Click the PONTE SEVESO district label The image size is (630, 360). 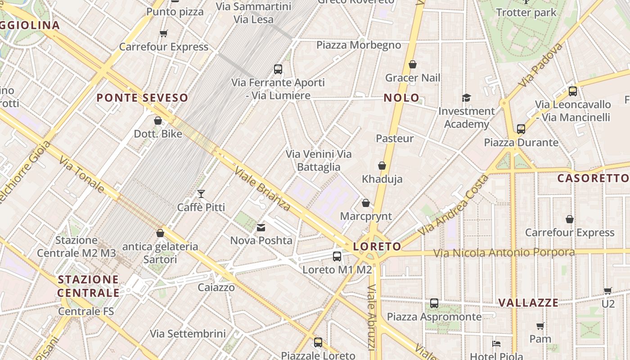(142, 98)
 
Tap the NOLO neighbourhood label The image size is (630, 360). (401, 98)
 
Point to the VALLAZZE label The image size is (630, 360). (528, 302)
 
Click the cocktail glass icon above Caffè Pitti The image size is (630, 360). (201, 194)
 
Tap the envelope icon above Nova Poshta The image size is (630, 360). (261, 228)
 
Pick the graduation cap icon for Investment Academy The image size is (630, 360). (466, 98)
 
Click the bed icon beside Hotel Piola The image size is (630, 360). (496, 343)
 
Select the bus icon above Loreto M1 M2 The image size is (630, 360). (337, 256)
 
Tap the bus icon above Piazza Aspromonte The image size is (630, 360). (434, 303)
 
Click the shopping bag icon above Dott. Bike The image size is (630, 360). (158, 121)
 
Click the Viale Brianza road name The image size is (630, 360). (262, 189)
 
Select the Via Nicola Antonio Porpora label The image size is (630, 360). (504, 252)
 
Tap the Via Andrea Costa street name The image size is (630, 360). (453, 205)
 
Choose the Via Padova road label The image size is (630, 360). (540, 65)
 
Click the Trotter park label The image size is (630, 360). (526, 13)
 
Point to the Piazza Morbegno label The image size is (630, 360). (359, 45)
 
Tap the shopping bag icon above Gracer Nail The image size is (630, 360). (413, 65)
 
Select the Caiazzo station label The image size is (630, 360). (216, 287)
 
